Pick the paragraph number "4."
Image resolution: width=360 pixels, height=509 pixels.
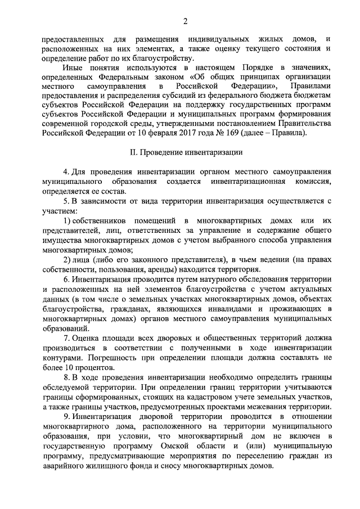point(66,171)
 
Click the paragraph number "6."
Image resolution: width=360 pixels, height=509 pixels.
point(66,280)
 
